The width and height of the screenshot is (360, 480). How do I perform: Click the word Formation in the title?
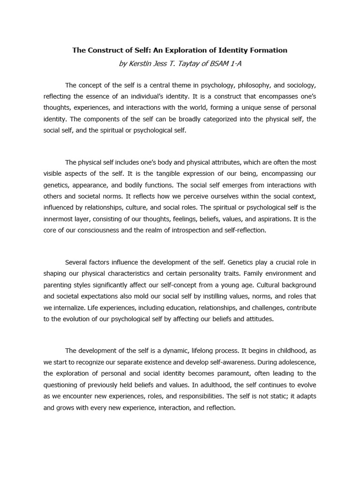point(268,50)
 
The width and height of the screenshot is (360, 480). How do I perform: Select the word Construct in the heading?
point(104,50)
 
